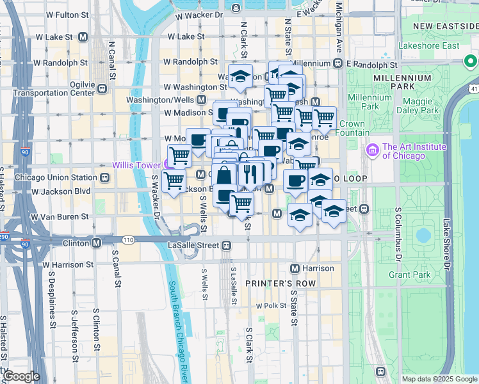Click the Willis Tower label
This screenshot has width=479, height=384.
[x=136, y=164]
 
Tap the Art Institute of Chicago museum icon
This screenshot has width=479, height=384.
[x=372, y=151]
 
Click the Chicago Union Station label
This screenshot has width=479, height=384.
[x=55, y=177]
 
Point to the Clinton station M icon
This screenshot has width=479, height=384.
[x=96, y=243]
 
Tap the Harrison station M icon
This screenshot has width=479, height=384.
[x=295, y=268]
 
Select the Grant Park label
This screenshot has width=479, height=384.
[x=409, y=275]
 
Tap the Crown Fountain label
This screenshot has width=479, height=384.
[x=352, y=128]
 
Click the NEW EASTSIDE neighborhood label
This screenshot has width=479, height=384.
[x=446, y=26]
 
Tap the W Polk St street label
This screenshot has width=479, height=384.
[x=273, y=305]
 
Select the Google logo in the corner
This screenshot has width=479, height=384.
[x=21, y=376]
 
